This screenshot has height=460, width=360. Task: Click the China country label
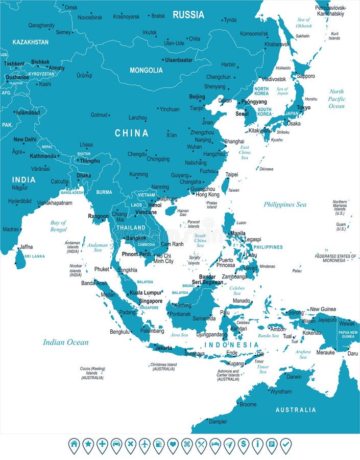pyautogui.click(x=131, y=133)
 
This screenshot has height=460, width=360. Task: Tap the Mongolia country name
pyautogui.click(x=146, y=70)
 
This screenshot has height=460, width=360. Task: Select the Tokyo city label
pyautogui.click(x=303, y=108)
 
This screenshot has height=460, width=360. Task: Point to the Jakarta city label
pyautogui.click(x=163, y=348)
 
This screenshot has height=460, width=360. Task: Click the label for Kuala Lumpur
pyautogui.click(x=146, y=293)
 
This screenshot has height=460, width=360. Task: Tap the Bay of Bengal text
pyautogui.click(x=58, y=226)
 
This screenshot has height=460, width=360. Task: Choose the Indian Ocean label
pyautogui.click(x=65, y=342)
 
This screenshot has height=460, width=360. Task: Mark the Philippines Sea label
pyautogui.click(x=285, y=204)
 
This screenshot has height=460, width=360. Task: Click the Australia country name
pyautogui.click(x=296, y=410)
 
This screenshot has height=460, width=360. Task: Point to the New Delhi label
pyautogui.click(x=25, y=140)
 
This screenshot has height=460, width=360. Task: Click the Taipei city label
pyautogui.click(x=232, y=174)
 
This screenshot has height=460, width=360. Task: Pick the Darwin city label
pyautogui.click(x=294, y=377)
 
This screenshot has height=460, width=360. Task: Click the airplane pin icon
pyautogui.click(x=145, y=445)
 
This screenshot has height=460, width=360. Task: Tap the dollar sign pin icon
pyautogui.click(x=243, y=445)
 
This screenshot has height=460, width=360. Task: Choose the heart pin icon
pyautogui.click(x=173, y=445)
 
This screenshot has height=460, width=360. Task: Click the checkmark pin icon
pyautogui.click(x=285, y=445)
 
